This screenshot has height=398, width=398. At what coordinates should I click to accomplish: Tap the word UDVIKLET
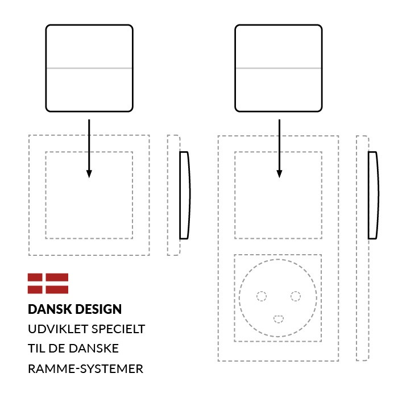(58, 329)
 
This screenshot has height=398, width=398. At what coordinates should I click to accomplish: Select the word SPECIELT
(118, 329)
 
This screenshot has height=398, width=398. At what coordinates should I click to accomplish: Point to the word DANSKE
(94, 349)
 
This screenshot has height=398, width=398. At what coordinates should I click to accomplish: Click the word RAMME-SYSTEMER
(85, 369)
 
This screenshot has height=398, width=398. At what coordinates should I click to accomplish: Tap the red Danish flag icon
(48, 284)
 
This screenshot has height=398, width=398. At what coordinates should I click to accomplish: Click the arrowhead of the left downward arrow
(89, 174)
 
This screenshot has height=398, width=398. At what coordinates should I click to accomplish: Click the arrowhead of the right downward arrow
(279, 174)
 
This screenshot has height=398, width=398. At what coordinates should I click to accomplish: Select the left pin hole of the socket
(262, 296)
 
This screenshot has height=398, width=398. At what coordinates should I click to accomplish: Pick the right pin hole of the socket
(296, 296)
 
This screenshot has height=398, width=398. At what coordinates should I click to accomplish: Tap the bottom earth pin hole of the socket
(279, 319)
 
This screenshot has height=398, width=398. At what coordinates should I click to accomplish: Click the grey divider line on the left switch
(89, 68)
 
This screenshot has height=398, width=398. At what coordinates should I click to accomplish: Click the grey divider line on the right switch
(279, 68)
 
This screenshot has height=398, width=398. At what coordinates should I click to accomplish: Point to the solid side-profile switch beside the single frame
(184, 195)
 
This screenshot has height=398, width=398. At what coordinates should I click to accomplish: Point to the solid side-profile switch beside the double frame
(373, 195)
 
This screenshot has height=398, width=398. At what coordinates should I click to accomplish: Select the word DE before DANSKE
(57, 349)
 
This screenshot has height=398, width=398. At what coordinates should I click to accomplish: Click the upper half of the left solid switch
(89, 46)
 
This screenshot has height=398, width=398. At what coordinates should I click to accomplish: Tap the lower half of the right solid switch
(279, 90)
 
